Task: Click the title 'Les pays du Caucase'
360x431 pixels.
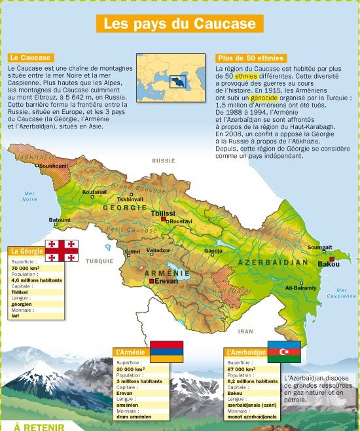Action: pos(180,24)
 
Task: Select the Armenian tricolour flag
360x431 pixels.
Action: pos(167,351)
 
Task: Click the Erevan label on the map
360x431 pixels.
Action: pos(166,280)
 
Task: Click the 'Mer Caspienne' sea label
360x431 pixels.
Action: pos(342,293)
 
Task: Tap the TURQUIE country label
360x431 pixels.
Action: pos(99,260)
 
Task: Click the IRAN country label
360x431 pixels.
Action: pos(245,331)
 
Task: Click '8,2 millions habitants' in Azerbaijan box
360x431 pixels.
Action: pos(252,381)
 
